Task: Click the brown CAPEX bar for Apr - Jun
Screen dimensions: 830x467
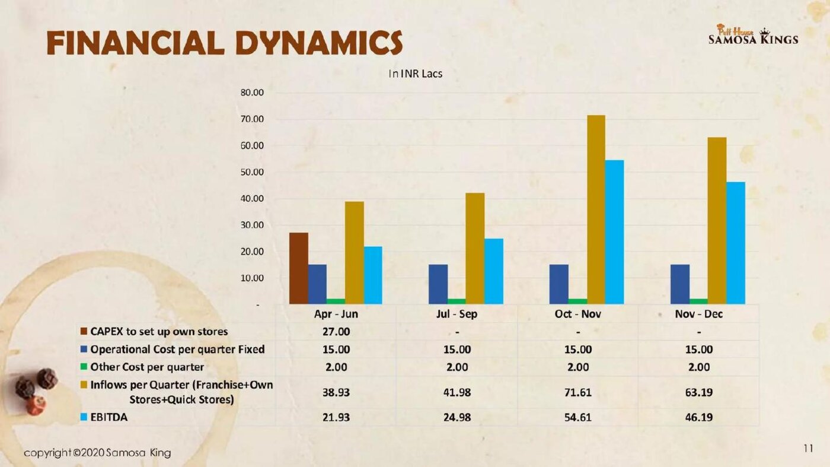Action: [x=299, y=269]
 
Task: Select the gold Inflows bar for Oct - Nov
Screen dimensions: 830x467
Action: [x=596, y=209]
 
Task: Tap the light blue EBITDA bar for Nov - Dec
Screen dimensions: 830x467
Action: [x=736, y=243]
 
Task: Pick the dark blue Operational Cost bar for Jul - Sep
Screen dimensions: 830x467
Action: [x=438, y=284]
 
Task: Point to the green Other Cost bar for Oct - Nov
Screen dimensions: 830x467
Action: [x=577, y=301]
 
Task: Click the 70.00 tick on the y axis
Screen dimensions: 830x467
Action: [x=252, y=119]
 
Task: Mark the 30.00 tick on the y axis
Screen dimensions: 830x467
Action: [x=252, y=225]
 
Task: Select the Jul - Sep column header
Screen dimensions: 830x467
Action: [x=457, y=314]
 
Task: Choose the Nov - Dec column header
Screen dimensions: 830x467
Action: [x=699, y=314]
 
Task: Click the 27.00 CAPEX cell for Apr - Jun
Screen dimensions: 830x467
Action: [x=336, y=332]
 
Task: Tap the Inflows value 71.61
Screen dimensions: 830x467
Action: [x=578, y=392]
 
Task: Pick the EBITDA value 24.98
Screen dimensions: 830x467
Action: [x=457, y=417]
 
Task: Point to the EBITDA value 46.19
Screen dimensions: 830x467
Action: [x=699, y=417]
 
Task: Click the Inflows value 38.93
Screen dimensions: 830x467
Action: [x=336, y=392]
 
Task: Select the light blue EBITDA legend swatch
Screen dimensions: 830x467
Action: [x=84, y=417]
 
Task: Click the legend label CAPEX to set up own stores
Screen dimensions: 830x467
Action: [x=159, y=332]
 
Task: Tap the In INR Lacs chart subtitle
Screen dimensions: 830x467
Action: [x=416, y=74]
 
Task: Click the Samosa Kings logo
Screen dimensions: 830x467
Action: [x=754, y=34]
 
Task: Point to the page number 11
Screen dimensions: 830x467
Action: [x=809, y=449]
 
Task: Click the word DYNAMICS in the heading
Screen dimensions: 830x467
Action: [x=319, y=43]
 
